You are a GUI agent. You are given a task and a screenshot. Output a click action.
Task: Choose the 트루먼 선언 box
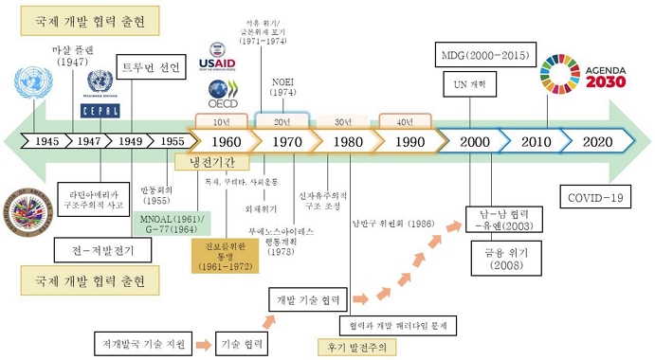coord(148,66)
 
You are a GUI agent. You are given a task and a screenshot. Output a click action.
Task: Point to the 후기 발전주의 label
coord(355,346)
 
